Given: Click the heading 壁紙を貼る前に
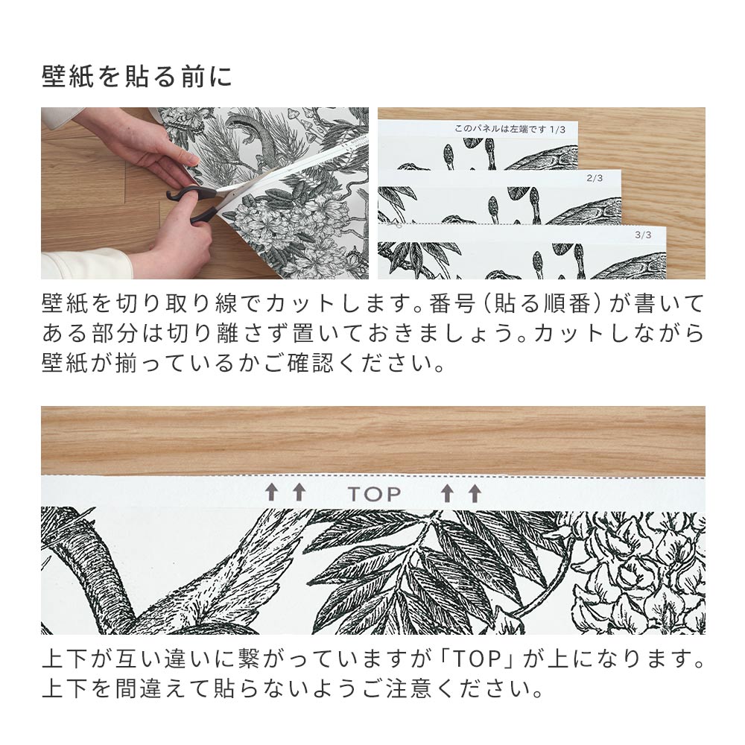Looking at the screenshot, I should point(137,77).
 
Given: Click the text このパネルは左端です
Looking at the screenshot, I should point(501,129).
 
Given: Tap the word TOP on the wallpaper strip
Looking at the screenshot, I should point(373,493).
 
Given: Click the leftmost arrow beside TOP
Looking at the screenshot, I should point(272,492).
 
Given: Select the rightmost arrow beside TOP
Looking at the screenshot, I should point(475,492).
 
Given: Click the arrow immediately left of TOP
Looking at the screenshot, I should point(299,492).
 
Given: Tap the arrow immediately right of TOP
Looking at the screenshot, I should point(447,492).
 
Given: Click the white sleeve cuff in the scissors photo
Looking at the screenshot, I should point(82,264).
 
